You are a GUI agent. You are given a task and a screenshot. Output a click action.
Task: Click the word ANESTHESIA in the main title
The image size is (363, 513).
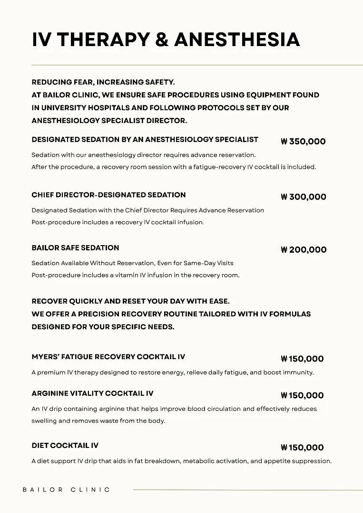click(x=237, y=39)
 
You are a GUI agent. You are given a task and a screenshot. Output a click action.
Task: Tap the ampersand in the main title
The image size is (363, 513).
click(x=162, y=39)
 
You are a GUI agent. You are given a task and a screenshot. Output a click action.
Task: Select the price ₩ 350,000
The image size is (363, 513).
click(x=303, y=141)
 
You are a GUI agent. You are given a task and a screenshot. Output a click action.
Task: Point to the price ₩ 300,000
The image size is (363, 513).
click(x=303, y=197)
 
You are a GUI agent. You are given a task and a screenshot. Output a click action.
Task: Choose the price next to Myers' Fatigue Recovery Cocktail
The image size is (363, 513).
click(x=302, y=359)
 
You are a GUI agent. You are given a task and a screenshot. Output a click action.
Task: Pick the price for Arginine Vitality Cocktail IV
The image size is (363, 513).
click(x=302, y=395)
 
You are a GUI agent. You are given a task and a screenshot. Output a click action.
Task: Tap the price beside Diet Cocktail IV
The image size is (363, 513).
click(x=302, y=447)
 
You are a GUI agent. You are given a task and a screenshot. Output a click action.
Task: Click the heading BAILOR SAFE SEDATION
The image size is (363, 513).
click(x=75, y=248)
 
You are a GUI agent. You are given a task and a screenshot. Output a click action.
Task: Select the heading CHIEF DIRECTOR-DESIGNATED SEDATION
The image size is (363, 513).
click(x=108, y=195)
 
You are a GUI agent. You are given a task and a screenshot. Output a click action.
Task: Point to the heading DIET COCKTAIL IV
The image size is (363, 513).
click(x=65, y=446)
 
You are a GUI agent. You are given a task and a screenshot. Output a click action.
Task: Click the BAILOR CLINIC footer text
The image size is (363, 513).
click(x=66, y=489)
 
